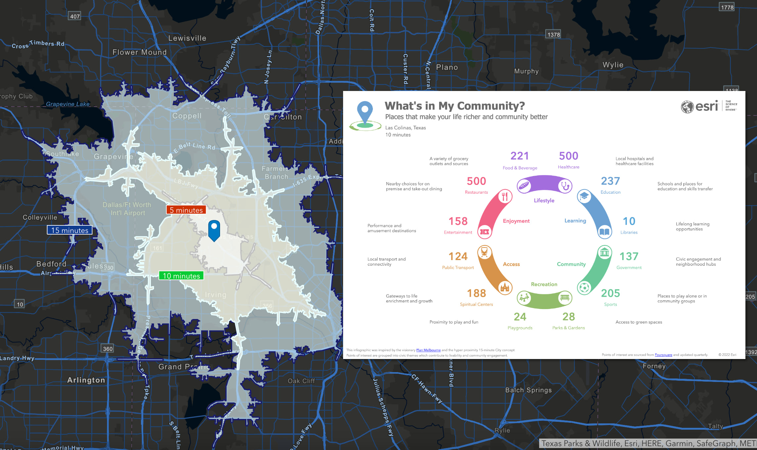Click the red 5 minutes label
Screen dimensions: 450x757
pyautogui.click(x=186, y=210)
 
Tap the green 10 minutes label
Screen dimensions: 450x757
pyautogui.click(x=181, y=276)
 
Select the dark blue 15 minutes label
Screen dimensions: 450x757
pyautogui.click(x=70, y=230)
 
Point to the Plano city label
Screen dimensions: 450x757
pyautogui.click(x=447, y=67)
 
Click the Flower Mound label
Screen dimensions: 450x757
pyautogui.click(x=140, y=52)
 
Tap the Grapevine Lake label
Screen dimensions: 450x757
pyautogui.click(x=68, y=104)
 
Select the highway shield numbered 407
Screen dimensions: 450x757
pyautogui.click(x=75, y=16)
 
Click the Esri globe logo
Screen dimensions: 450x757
pyautogui.click(x=687, y=107)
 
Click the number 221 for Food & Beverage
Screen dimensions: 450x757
pyautogui.click(x=519, y=156)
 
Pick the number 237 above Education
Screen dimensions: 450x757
pyautogui.click(x=610, y=181)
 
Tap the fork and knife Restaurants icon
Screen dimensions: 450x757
pyautogui.click(x=505, y=197)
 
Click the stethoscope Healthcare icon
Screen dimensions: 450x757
pyautogui.click(x=565, y=186)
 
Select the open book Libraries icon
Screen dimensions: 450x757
pyautogui.click(x=604, y=232)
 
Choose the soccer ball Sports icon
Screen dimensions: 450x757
pyautogui.click(x=584, y=288)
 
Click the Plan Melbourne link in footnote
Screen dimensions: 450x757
pyautogui.click(x=428, y=350)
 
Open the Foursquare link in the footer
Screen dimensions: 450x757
pyautogui.click(x=663, y=355)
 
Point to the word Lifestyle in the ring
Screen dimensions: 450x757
pyautogui.click(x=544, y=201)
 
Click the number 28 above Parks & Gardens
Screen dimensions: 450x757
pyautogui.click(x=568, y=317)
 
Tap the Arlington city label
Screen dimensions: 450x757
pyautogui.click(x=86, y=380)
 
